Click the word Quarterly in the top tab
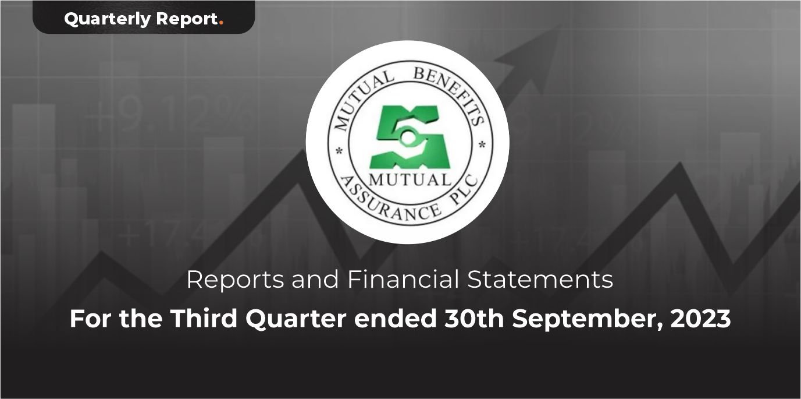click(x=107, y=19)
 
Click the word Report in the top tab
click(x=187, y=19)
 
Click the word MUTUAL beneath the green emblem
click(x=410, y=179)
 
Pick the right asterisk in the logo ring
click(x=482, y=145)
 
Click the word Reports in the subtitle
click(x=235, y=280)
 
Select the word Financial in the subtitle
click(x=403, y=280)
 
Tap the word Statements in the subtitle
click(x=540, y=280)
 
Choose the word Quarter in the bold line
click(x=296, y=319)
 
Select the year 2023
click(x=700, y=319)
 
